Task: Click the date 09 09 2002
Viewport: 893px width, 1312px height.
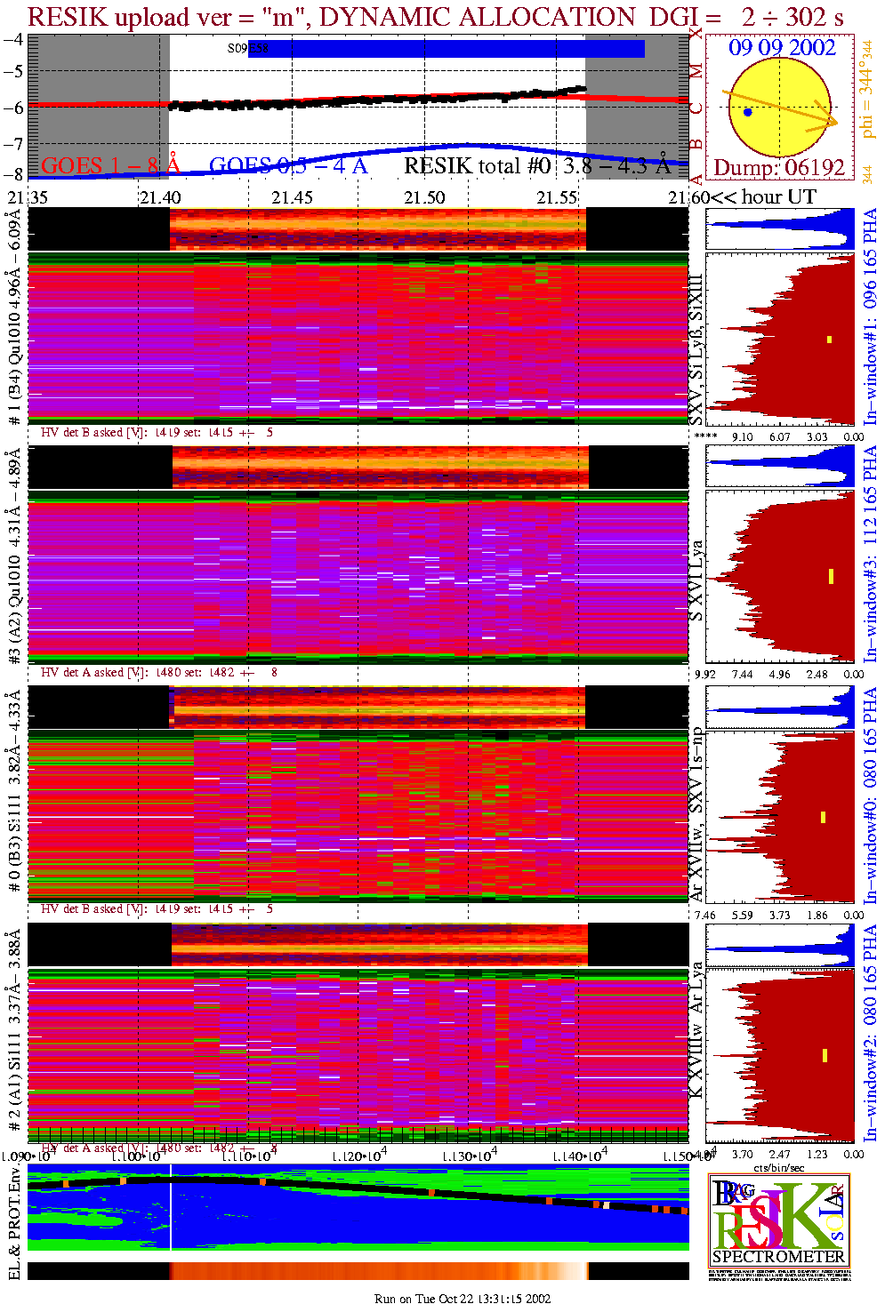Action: click(x=782, y=48)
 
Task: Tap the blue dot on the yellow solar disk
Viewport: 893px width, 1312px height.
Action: click(x=747, y=112)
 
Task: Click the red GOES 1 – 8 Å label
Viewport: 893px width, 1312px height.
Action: click(x=110, y=165)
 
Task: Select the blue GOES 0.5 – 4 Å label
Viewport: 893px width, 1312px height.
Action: click(x=287, y=165)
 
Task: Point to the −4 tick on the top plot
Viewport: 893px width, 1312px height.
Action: click(x=13, y=40)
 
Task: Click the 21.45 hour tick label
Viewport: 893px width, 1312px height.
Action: click(x=292, y=197)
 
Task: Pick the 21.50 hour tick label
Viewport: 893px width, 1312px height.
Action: click(x=424, y=197)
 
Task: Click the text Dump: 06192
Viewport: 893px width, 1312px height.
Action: click(x=779, y=167)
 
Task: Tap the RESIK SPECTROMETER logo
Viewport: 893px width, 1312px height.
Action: click(x=778, y=1220)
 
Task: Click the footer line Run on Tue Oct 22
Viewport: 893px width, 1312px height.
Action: click(x=463, y=1299)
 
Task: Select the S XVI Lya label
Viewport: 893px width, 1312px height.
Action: click(x=696, y=580)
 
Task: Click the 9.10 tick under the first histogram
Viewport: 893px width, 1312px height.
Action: click(x=741, y=436)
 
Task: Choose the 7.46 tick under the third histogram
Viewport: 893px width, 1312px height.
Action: click(x=704, y=915)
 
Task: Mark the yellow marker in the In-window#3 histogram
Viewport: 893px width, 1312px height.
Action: click(x=831, y=576)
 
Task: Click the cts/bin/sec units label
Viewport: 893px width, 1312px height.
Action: click(x=778, y=1168)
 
